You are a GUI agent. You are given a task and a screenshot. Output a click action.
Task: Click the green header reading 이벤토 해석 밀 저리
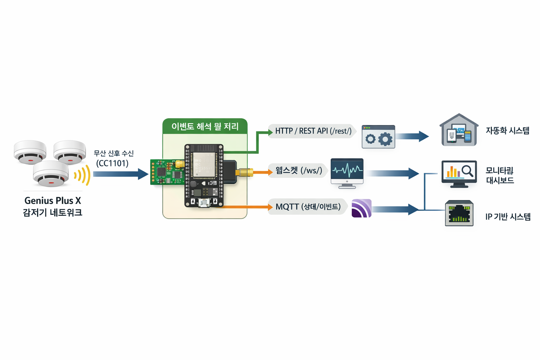pyautogui.click(x=205, y=127)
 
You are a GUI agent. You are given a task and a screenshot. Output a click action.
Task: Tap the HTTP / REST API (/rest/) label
pyautogui.click(x=313, y=131)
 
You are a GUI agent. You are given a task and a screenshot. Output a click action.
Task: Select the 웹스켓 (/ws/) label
pyautogui.click(x=298, y=171)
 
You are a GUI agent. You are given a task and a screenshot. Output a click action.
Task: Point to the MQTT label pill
pyautogui.click(x=308, y=207)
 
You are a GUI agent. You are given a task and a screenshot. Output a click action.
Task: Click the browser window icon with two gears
pyautogui.click(x=378, y=137)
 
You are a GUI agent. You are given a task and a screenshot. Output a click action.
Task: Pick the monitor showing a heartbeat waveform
pyautogui.click(x=347, y=172)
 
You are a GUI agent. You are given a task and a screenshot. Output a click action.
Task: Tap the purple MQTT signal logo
pyautogui.click(x=361, y=208)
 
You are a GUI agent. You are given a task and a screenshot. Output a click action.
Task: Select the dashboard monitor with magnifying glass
pyautogui.click(x=459, y=173)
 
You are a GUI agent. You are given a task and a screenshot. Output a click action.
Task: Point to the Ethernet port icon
pyautogui.click(x=459, y=213)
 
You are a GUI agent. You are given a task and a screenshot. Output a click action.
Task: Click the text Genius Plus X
pyautogui.click(x=53, y=201)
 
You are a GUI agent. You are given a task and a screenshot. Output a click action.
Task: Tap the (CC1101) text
pyautogui.click(x=112, y=163)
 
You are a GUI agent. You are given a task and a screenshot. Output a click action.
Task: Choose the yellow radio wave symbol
pyautogui.click(x=83, y=175)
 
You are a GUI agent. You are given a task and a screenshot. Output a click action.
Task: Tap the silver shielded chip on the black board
pyautogui.click(x=204, y=165)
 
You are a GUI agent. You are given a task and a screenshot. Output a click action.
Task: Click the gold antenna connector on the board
pyautogui.click(x=245, y=172)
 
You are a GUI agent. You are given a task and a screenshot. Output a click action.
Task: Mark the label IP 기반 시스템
pyautogui.click(x=508, y=217)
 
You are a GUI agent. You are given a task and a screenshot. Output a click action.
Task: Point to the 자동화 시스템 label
pyautogui.click(x=507, y=131)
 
